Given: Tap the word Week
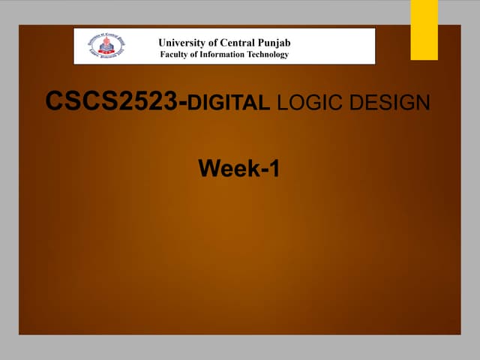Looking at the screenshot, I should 227,168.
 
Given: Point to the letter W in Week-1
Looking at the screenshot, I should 208,168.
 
